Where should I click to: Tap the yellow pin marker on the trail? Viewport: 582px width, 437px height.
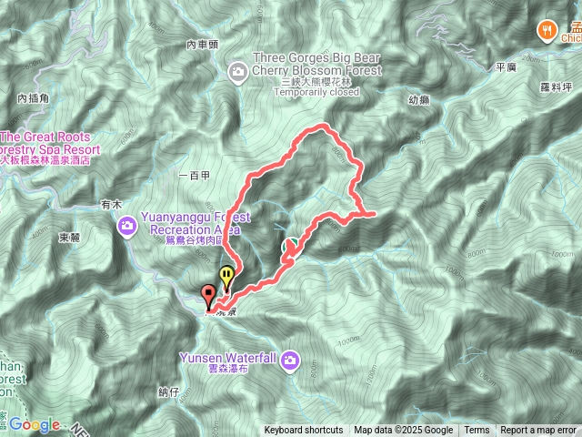(226, 274)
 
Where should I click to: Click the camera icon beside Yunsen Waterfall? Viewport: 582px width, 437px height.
(290, 359)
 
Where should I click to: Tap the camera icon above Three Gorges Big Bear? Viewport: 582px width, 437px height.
(237, 70)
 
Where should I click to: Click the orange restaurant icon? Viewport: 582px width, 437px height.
(547, 29)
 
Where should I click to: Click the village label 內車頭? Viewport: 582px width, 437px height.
(203, 44)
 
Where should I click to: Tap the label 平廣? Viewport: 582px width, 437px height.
(506, 66)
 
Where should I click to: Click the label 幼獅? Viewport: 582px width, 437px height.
(419, 102)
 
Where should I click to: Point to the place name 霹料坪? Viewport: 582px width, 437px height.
(556, 86)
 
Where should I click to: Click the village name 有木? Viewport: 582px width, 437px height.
(112, 205)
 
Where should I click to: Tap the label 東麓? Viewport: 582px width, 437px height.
(69, 238)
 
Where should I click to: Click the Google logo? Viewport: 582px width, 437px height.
(35, 424)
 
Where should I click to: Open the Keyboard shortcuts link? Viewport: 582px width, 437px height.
(304, 431)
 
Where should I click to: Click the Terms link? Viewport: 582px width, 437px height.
(477, 431)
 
